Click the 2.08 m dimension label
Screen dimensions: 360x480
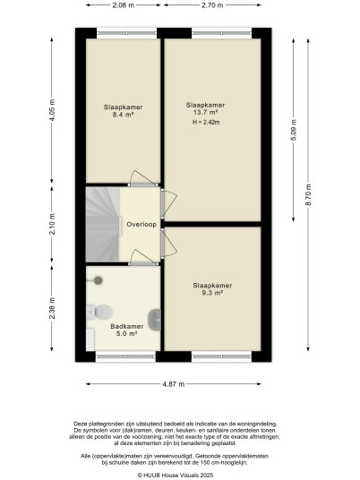point(124,5)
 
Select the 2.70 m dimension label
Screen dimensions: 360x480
point(212,5)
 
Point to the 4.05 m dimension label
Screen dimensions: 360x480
point(52,110)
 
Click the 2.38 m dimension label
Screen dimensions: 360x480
point(52,308)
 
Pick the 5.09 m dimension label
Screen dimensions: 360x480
point(294,130)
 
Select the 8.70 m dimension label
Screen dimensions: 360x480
point(308,194)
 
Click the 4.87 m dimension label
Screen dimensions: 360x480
point(174,384)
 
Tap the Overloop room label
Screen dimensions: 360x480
point(141,225)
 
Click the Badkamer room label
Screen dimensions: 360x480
point(127,326)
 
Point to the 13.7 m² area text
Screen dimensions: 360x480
point(205,112)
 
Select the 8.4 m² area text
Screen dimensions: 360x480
point(123,115)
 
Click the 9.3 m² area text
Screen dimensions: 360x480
point(212,293)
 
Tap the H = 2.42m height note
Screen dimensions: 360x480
point(206,122)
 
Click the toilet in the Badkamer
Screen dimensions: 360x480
point(99,312)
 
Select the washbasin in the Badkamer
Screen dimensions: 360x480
point(155,320)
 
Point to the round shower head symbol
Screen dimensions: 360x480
point(98,280)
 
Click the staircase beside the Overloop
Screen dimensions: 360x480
point(102,225)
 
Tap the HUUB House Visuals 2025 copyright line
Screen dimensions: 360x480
point(176,476)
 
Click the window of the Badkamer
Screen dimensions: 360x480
point(125,356)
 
